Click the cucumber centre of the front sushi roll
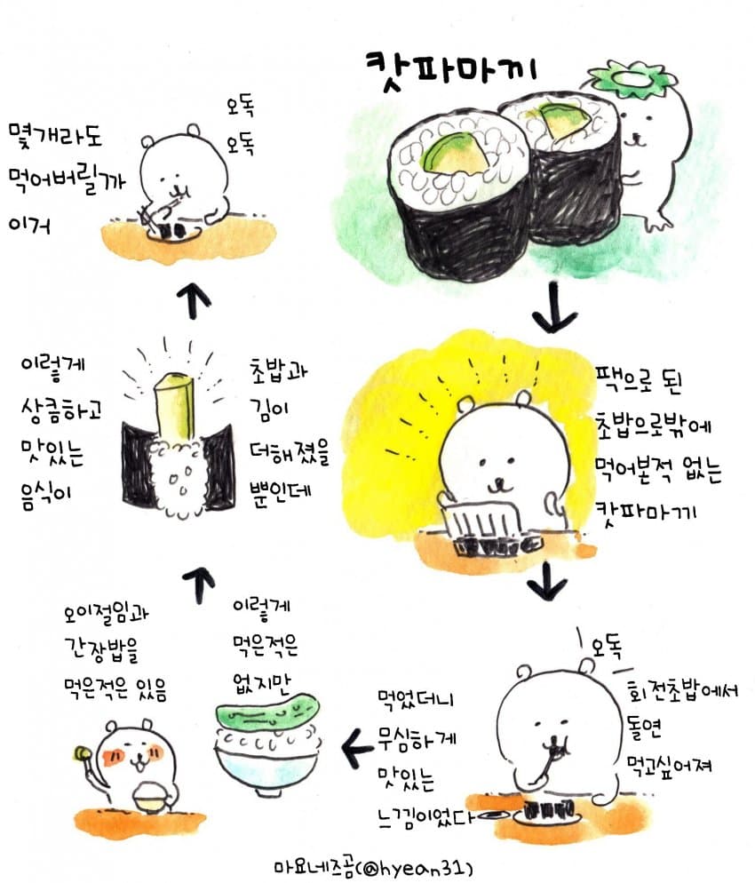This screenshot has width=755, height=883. tap(455, 152)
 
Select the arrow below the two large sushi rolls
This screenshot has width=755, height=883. tap(554, 307)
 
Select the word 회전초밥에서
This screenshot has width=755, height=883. tap(682, 690)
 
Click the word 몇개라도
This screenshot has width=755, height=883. tap(54, 136)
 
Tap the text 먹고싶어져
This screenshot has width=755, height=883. tap(670, 765)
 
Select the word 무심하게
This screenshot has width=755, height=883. tap(417, 737)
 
